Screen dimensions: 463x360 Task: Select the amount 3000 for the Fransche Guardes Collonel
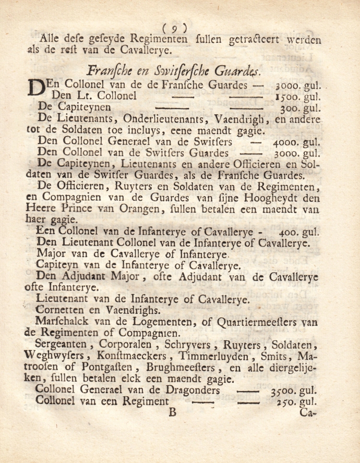289,85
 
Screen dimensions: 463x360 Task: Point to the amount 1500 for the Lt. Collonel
289,96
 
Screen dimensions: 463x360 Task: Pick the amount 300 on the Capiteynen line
291,108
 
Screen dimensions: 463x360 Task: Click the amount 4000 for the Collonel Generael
288,142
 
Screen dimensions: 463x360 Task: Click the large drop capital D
35,88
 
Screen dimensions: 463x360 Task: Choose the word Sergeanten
61,345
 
